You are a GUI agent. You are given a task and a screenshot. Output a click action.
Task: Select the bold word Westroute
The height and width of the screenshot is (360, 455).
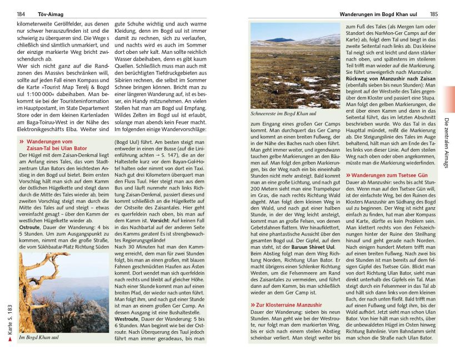click(x=127, y=320)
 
